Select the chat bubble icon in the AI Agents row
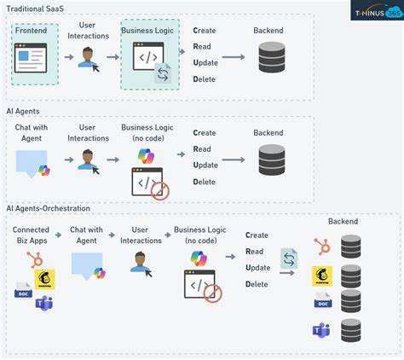coord(32,162)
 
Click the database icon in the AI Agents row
coord(271,161)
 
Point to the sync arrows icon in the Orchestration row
coord(289,258)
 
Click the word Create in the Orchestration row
coord(257,235)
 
